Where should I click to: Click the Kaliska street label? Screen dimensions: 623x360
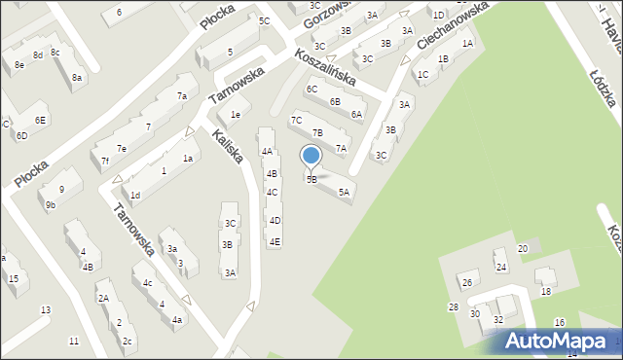(227, 146)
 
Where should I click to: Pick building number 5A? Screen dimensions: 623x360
(344, 193)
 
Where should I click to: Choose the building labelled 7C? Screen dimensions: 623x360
(297, 120)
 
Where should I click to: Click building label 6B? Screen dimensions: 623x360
(335, 101)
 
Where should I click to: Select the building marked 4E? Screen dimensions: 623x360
(275, 241)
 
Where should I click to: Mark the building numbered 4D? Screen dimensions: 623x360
(275, 221)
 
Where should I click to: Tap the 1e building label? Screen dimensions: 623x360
(236, 115)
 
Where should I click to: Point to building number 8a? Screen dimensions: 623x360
(77, 77)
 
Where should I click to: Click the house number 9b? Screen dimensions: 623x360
(51, 205)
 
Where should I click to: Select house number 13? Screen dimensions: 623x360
(45, 310)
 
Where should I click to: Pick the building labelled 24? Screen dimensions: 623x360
(500, 267)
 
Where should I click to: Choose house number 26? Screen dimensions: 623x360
(467, 283)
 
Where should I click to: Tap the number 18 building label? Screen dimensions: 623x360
(546, 292)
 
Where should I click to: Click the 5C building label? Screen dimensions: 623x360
(264, 20)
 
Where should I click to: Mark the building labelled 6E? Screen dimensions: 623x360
(40, 120)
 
